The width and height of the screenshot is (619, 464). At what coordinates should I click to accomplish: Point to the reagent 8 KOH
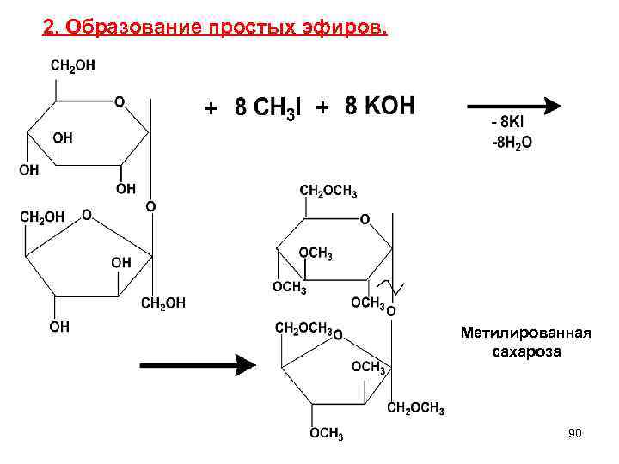point(379,107)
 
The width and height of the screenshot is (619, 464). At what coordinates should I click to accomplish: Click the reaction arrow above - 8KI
point(512,106)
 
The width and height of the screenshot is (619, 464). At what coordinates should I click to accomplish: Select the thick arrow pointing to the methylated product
point(198,365)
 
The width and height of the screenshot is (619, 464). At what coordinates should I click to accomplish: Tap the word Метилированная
point(525,333)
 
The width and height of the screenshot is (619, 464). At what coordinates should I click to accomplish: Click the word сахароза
point(525,351)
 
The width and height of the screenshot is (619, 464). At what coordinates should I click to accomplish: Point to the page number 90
point(574,434)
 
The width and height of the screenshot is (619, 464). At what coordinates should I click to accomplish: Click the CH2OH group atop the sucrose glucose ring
point(73,65)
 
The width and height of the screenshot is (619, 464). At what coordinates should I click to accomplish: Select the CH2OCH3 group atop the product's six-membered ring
point(328,191)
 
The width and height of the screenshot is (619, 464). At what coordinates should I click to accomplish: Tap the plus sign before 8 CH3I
point(210,109)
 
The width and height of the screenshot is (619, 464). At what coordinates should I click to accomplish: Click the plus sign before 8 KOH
point(322,108)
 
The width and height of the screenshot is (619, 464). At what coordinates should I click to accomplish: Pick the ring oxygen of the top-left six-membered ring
point(119,101)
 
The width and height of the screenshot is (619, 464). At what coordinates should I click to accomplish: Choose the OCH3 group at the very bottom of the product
point(327,434)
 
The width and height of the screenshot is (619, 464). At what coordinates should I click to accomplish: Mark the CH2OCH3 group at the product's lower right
point(415,408)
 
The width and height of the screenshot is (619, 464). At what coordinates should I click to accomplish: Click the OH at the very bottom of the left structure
point(58,327)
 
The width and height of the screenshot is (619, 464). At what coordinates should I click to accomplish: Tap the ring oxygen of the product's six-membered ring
point(365,220)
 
